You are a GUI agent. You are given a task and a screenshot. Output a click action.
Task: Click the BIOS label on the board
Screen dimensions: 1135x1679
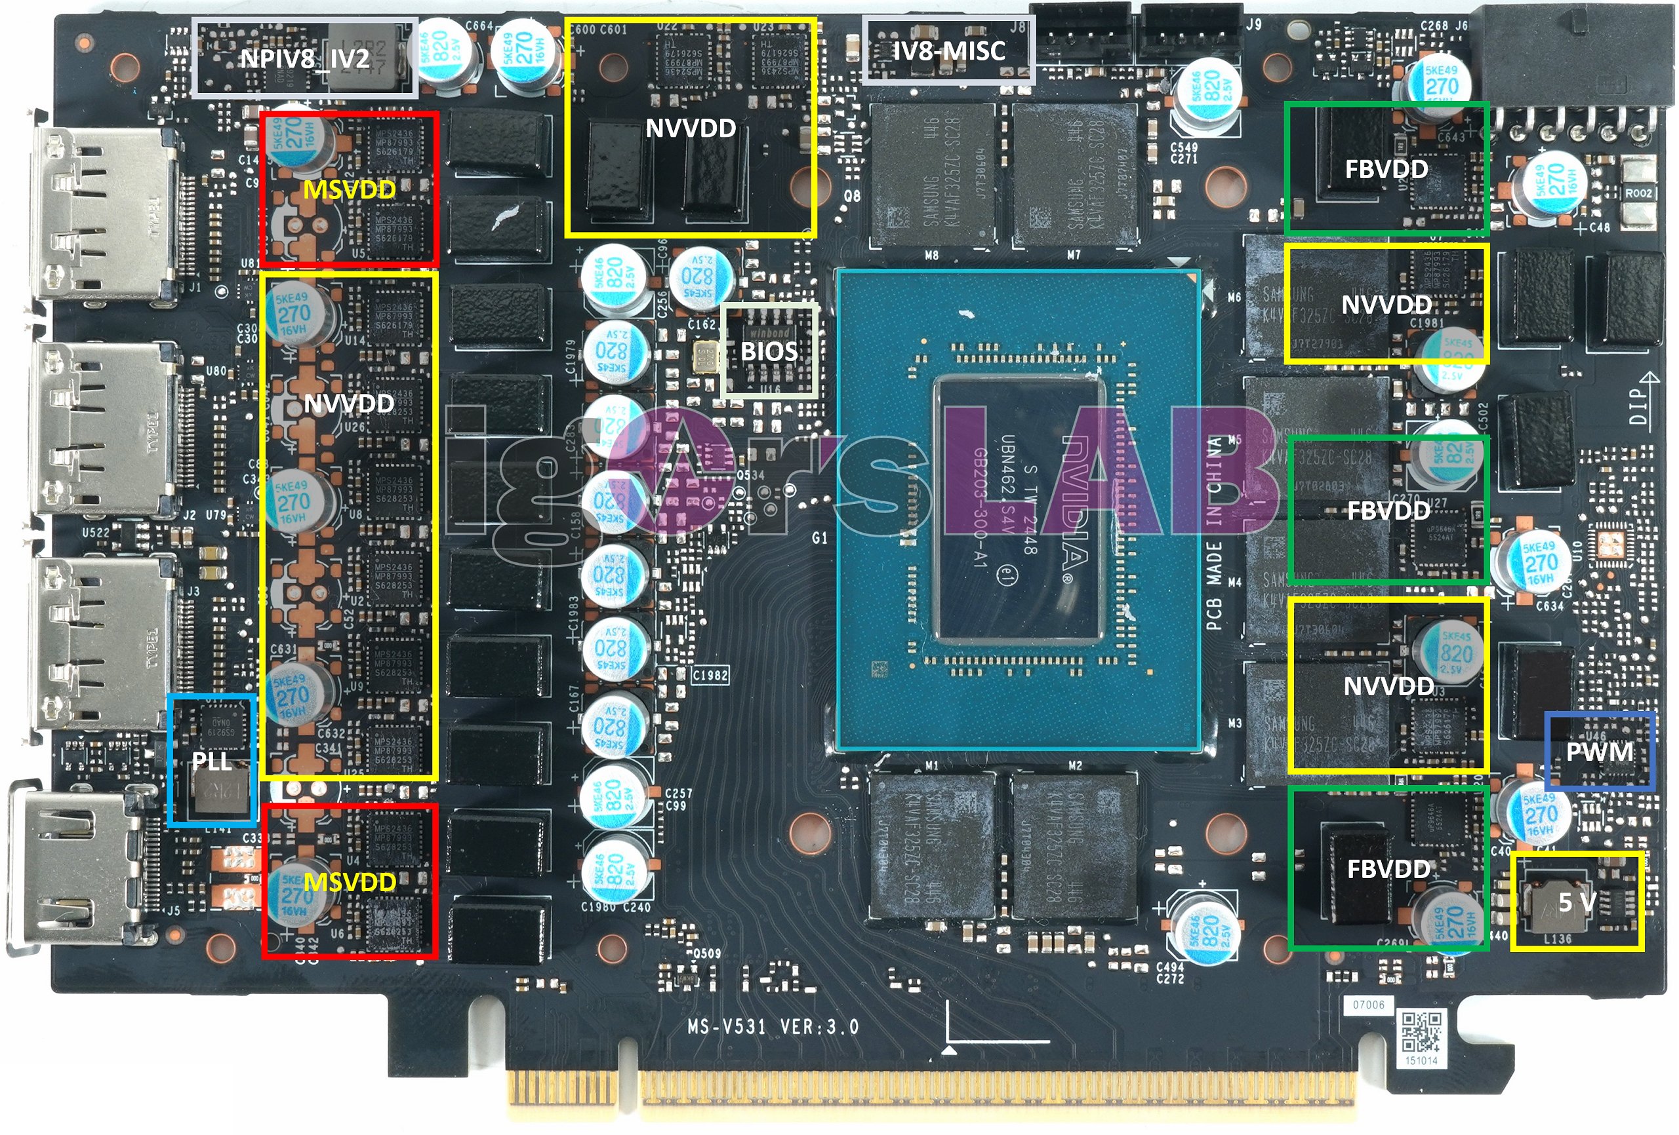769,352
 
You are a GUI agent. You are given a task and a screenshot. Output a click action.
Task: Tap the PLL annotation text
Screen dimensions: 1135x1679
211,761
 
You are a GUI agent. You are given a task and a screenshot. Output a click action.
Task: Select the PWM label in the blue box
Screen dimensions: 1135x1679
1599,752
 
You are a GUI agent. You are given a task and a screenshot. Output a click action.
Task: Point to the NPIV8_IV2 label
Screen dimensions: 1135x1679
304,58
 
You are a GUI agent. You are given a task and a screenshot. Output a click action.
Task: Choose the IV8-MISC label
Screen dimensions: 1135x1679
948,50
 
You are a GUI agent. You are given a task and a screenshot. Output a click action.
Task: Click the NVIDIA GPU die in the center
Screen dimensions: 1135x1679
1019,509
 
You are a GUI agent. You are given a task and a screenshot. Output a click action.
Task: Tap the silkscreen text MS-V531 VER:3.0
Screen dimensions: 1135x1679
773,1026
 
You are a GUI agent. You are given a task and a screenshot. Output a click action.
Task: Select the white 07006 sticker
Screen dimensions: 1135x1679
1368,1005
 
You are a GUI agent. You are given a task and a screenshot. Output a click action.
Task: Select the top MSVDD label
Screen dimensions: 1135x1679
349,189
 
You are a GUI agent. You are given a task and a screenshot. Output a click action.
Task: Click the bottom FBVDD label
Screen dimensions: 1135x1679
1388,868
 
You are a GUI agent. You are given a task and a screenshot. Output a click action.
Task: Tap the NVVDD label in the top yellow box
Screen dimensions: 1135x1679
690,128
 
